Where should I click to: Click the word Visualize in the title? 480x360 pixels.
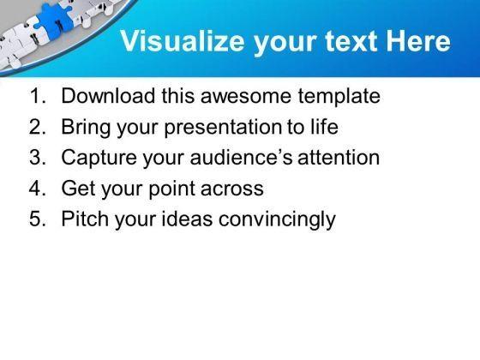183,41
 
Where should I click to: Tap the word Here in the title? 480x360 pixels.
418,41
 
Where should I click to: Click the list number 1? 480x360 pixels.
38,96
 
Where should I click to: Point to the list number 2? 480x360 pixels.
38,127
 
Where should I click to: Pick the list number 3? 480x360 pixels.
38,158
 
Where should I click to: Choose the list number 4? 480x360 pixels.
38,188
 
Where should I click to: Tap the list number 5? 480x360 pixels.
38,219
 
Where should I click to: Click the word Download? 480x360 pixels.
108,95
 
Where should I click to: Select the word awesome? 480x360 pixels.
245,96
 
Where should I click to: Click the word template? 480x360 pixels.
339,96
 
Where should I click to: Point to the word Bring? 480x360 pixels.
86,127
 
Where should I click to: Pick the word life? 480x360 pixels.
325,126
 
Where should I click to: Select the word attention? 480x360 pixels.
339,158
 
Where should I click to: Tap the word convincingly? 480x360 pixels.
278,219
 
